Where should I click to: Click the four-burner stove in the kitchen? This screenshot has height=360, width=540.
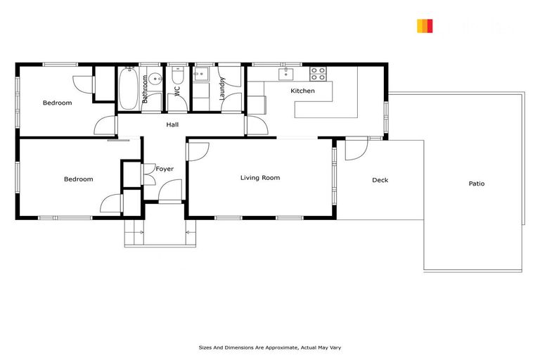pos(318,71)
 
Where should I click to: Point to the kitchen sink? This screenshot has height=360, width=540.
pos(286,73)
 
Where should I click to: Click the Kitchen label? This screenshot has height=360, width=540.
pos(302,91)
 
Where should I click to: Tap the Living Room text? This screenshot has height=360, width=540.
pos(260,178)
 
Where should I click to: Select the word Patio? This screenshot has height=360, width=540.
pos(477,184)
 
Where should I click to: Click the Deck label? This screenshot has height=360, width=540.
pos(380,180)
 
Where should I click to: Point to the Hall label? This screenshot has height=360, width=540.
pos(172,124)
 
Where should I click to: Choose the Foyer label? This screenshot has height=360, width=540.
pos(165,169)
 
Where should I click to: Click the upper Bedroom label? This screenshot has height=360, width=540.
pos(57,103)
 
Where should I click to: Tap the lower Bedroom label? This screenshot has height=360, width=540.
pos(78,179)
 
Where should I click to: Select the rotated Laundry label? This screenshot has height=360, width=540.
pos(221,89)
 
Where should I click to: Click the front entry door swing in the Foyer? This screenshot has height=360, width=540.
pos(171,191)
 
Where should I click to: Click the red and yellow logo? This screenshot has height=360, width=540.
pos(424,26)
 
